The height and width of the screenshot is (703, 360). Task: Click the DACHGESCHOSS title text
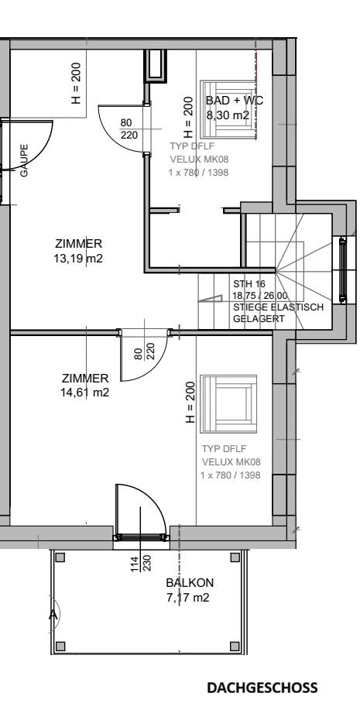(262, 688)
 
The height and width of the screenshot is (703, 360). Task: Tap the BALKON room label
(190, 583)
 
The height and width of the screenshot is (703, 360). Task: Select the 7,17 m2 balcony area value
(188, 598)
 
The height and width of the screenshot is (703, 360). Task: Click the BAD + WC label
(235, 101)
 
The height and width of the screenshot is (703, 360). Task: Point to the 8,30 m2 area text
(228, 115)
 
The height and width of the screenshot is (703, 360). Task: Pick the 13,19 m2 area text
(78, 259)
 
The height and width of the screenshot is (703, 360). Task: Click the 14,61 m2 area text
(84, 393)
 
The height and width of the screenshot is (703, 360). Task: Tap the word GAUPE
(24, 160)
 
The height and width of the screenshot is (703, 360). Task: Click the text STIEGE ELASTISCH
(278, 307)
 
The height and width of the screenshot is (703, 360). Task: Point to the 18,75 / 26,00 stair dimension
(260, 296)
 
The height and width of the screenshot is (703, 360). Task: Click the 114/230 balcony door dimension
(141, 563)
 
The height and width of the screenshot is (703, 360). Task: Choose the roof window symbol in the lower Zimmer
(228, 404)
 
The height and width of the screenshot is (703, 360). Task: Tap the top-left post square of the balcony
(60, 557)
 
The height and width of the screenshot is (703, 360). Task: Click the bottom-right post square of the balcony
(235, 646)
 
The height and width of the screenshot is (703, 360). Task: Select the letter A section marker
(53, 614)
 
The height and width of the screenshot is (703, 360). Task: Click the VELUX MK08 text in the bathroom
(200, 159)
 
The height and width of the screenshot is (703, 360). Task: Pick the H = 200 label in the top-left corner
(77, 83)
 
